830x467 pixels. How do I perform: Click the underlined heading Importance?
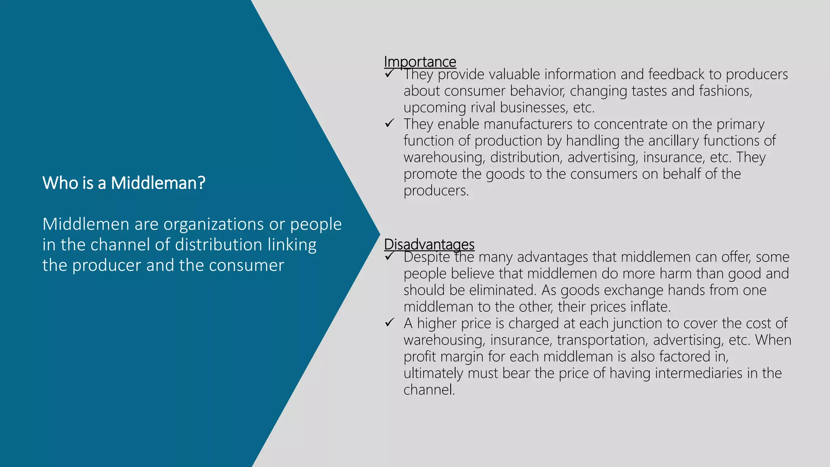(420, 62)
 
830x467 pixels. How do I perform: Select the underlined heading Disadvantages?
(429, 244)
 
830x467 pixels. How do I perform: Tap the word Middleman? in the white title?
(158, 183)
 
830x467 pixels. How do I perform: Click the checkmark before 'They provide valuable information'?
(389, 74)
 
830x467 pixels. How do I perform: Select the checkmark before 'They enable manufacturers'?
(389, 123)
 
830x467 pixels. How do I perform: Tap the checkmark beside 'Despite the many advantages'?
(389, 256)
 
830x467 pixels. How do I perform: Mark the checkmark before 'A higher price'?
(389, 323)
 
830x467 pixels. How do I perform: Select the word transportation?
(601, 340)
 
